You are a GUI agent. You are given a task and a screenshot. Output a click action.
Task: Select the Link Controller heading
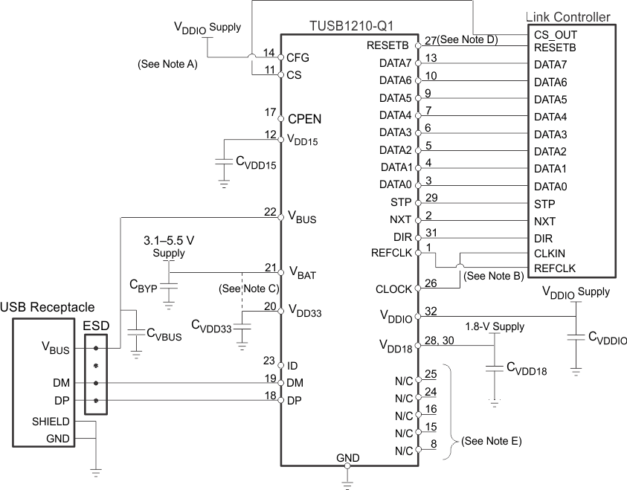[x=568, y=17]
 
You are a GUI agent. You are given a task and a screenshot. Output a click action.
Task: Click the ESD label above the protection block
[x=95, y=324]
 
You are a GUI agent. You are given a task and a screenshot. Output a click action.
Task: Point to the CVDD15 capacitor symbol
[x=222, y=161]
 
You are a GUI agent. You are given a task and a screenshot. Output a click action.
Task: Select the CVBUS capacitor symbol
[x=135, y=335]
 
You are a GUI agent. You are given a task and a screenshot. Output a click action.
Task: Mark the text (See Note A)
[x=167, y=64]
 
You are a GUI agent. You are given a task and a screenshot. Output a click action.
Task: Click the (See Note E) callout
[x=492, y=441]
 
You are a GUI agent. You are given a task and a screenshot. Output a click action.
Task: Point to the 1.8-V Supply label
[x=495, y=326]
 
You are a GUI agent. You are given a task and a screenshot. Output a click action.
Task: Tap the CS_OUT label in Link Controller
[x=555, y=34]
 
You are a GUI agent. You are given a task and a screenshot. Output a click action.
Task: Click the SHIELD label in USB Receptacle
[x=51, y=422]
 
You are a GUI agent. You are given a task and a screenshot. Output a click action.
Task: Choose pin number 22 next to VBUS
[x=271, y=211]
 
